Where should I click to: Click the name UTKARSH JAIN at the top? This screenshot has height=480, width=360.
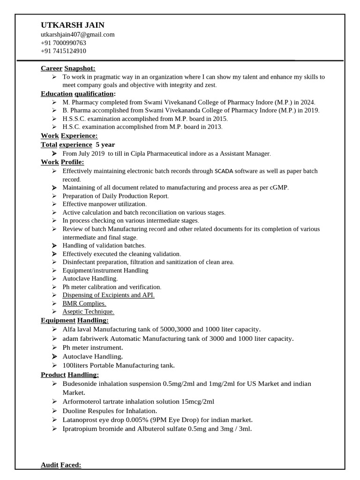tap(72, 25)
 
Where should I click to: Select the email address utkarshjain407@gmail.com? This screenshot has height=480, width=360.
tap(77, 35)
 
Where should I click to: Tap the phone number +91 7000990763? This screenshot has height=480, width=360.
tap(63, 43)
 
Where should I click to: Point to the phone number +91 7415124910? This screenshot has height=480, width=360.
tap(63, 51)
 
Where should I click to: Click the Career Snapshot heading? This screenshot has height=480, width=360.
tap(68, 68)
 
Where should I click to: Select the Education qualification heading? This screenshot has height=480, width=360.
tap(78, 94)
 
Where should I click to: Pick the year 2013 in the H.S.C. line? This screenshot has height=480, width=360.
tap(214, 127)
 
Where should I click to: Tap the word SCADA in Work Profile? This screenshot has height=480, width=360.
tap(224, 172)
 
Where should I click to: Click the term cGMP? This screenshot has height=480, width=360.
tap(278, 187)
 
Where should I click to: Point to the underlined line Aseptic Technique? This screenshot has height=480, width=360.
tap(88, 312)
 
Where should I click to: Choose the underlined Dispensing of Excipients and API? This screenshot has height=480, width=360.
tap(108, 295)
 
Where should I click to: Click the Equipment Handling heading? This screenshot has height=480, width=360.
tap(75, 320)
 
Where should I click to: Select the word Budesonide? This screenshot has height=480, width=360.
tap(80, 383)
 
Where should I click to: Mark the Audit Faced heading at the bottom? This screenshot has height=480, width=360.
tap(61, 465)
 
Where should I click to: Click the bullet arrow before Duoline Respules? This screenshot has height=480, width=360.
tap(54, 411)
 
